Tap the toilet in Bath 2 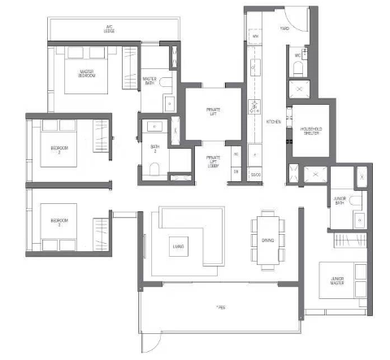tap(154, 170)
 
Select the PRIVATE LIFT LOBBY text tap(214, 160)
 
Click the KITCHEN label tap(272, 122)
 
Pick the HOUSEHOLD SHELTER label tap(310, 132)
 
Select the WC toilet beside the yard tap(297, 68)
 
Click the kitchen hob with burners tap(253, 106)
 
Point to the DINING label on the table tap(267, 240)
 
